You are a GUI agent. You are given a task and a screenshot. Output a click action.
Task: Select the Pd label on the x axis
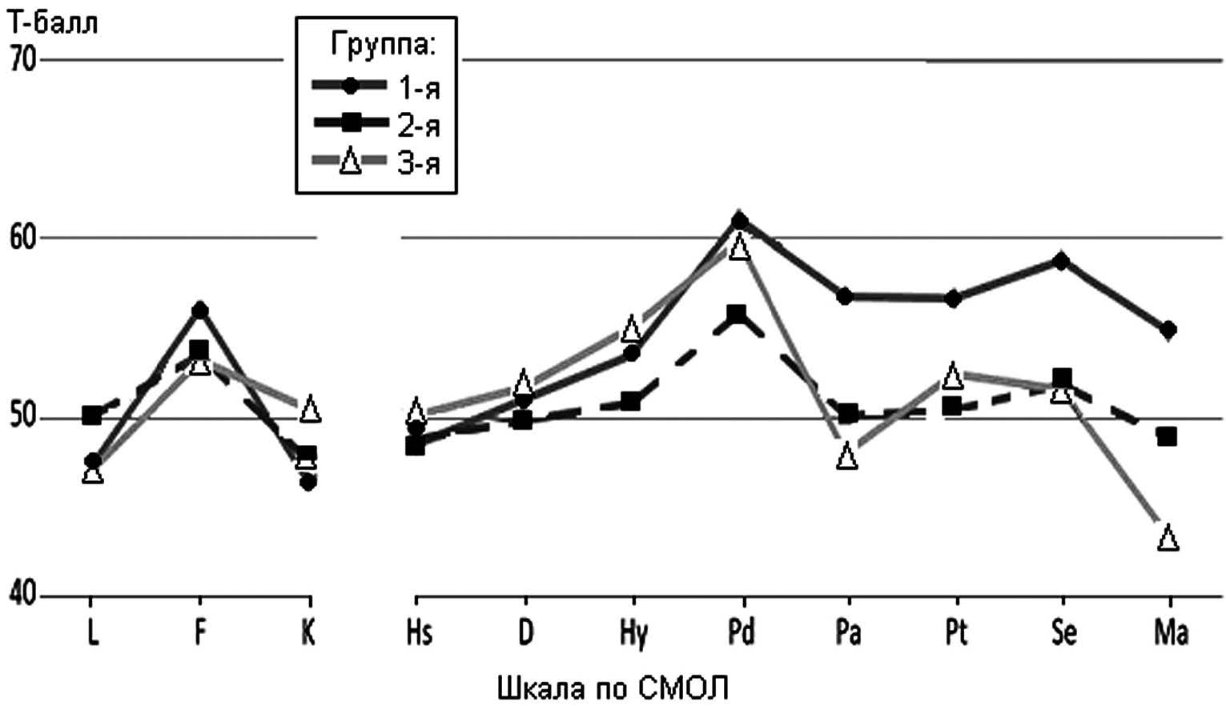click(741, 632)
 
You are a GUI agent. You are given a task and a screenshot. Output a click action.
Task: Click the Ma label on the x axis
click(1170, 632)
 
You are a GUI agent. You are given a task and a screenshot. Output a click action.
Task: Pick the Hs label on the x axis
click(418, 632)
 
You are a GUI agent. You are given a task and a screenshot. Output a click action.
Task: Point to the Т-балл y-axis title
click(53, 23)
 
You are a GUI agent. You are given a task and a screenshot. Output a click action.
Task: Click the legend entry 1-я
click(419, 87)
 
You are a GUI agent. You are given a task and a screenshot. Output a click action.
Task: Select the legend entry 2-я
click(419, 125)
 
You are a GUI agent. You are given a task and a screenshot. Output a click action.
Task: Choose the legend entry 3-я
click(419, 162)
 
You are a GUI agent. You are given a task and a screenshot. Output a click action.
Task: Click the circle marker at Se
click(1061, 261)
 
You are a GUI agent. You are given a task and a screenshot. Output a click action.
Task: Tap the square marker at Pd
click(737, 314)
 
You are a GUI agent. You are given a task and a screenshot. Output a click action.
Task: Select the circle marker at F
click(200, 310)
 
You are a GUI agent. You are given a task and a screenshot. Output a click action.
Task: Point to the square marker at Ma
click(1168, 436)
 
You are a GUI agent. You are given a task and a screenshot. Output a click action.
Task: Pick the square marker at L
click(92, 415)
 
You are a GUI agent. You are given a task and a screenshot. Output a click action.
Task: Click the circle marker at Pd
click(740, 219)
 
